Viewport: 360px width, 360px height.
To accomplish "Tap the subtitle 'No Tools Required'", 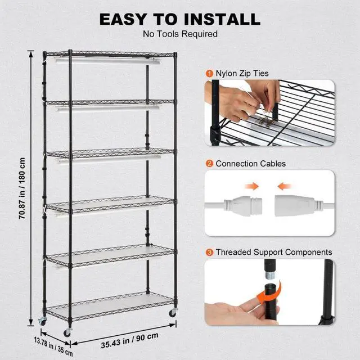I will click(x=180, y=34).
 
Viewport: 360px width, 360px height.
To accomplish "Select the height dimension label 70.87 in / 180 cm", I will click(x=22, y=188).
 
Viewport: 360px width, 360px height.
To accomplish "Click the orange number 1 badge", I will click(x=209, y=74).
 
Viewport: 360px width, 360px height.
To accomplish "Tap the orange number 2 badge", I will click(x=209, y=164).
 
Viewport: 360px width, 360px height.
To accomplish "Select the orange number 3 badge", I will click(x=209, y=253).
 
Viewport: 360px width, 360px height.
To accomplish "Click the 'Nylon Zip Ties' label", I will click(x=241, y=74).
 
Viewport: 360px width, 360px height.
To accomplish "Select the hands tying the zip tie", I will click(x=247, y=101).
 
